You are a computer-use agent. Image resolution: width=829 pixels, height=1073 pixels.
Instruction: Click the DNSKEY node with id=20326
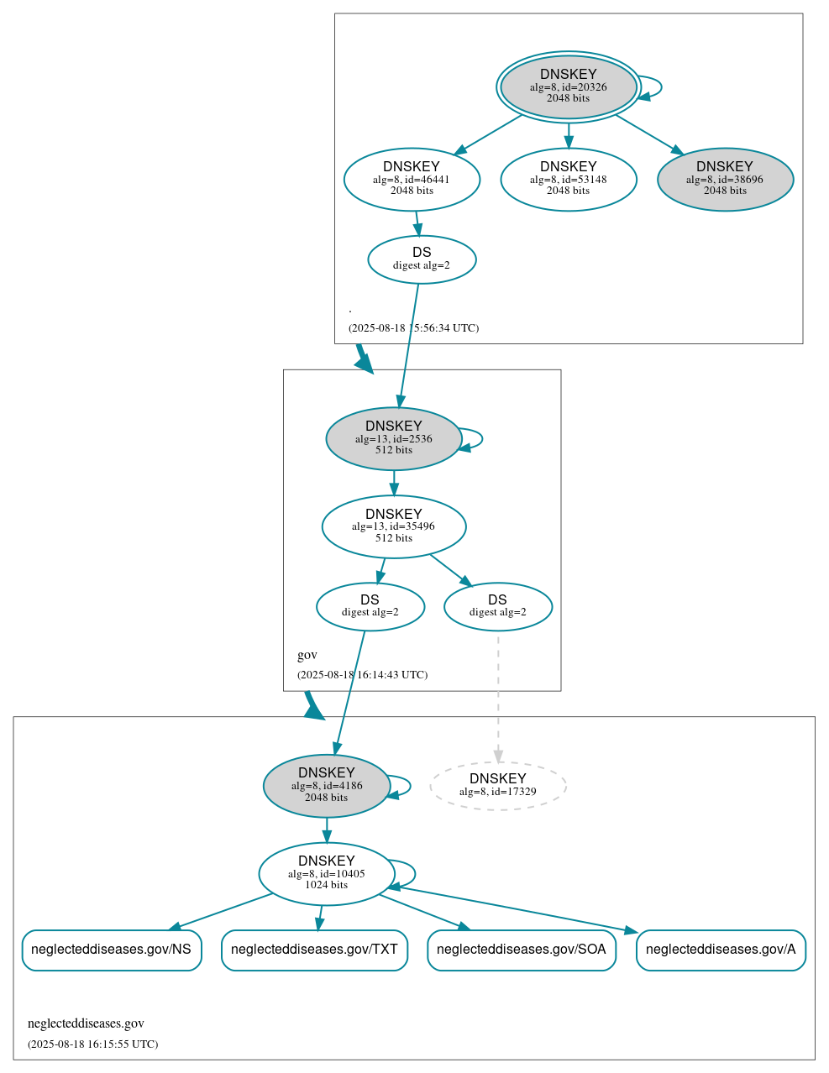tap(569, 86)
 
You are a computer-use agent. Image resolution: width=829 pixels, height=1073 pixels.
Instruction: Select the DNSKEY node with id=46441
tap(412, 179)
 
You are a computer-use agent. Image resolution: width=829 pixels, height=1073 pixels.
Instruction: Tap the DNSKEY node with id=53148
tap(569, 179)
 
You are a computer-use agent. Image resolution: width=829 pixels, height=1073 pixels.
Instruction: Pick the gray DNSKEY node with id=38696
tap(725, 179)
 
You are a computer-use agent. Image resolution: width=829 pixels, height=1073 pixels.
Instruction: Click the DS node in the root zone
tap(422, 259)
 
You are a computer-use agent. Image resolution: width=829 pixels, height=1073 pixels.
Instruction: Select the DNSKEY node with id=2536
tap(393, 438)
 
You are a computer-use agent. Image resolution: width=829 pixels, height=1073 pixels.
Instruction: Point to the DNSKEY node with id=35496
tap(393, 526)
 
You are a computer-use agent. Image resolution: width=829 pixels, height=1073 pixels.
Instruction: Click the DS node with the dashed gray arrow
tap(497, 606)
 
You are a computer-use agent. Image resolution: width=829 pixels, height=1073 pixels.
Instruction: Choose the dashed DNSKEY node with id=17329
tap(497, 786)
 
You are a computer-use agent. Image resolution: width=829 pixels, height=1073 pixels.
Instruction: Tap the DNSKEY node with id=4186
tap(326, 786)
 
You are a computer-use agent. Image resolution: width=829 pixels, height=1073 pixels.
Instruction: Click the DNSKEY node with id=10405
tap(326, 874)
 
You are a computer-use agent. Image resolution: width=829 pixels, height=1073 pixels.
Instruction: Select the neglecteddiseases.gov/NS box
tap(111, 950)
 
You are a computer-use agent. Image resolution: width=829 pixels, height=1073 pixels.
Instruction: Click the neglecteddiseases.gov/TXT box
tap(314, 950)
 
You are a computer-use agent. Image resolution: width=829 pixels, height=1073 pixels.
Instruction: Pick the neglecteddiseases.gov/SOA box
tap(521, 950)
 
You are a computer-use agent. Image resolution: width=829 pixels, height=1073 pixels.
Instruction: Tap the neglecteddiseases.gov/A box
tap(721, 950)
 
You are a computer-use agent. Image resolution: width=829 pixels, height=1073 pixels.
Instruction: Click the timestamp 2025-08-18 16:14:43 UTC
tap(362, 675)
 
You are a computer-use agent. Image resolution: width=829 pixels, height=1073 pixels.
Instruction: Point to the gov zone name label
tap(307, 655)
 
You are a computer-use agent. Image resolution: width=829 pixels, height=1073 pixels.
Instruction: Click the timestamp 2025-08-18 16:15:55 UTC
tap(92, 1044)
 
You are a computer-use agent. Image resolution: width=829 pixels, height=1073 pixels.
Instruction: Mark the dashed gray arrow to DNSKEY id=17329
tap(498, 697)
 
